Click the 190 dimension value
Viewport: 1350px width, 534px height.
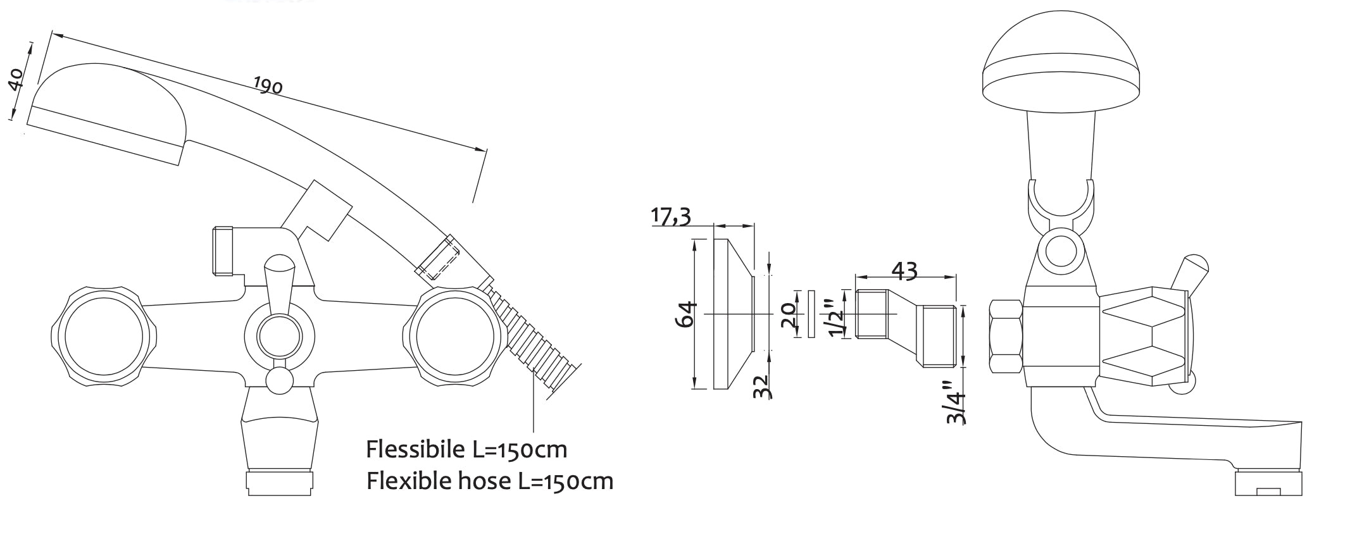point(268,85)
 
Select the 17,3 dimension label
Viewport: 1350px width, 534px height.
point(672,216)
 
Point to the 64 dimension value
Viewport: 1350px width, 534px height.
point(686,314)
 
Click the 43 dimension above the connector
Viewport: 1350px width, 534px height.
point(904,271)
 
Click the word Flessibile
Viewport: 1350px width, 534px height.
point(415,449)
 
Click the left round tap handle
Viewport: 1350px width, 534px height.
point(104,335)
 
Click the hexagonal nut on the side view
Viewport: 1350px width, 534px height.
point(1005,337)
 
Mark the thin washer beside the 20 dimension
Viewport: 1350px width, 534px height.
point(811,314)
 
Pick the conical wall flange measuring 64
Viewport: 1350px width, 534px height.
point(734,314)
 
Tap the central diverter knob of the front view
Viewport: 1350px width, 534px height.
point(278,333)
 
